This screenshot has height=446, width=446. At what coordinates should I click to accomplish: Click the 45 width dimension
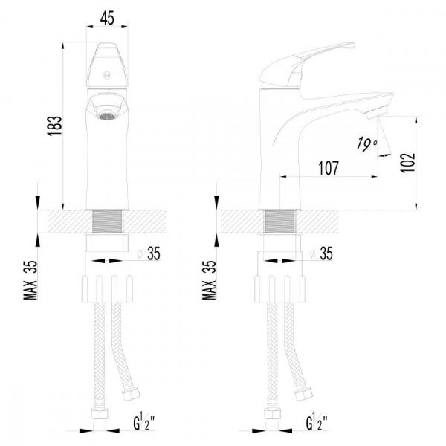point(107,18)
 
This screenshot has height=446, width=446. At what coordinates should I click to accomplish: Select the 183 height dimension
point(55,126)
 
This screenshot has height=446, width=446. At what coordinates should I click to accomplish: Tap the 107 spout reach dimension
point(329,168)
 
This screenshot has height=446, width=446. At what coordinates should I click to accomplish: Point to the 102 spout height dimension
point(407,162)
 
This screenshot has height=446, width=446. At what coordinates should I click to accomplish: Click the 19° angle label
point(366,143)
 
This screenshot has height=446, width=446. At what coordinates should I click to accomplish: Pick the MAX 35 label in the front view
point(30,280)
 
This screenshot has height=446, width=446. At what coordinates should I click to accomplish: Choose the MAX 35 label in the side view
point(209,280)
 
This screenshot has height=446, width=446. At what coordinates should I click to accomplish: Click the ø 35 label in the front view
point(149,253)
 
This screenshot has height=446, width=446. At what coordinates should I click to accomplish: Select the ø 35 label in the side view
point(321,253)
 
